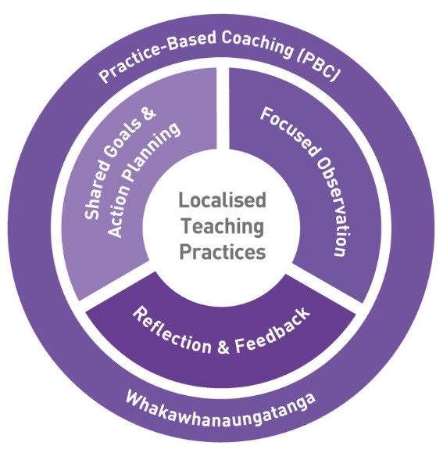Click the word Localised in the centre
click(222, 200)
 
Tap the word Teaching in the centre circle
click(222, 226)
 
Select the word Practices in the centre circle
click(222, 252)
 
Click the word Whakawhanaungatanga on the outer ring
click(221, 405)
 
